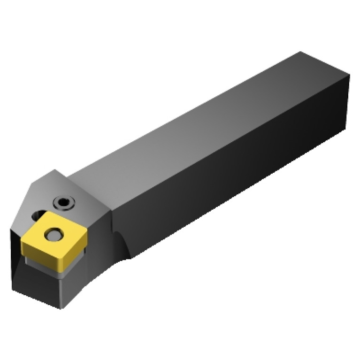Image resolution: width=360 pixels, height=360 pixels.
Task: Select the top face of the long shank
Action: (x=197, y=122)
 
